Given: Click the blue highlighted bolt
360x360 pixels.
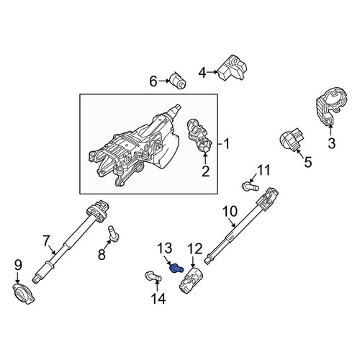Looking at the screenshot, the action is pyautogui.click(x=176, y=269).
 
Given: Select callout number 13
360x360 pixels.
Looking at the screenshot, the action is pyautogui.click(x=165, y=248).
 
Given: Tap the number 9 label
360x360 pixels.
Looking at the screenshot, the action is pyautogui.click(x=18, y=265).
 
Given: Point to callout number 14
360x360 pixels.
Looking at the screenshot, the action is pyautogui.click(x=158, y=299).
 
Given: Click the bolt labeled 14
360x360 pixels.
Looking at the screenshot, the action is pyautogui.click(x=153, y=276).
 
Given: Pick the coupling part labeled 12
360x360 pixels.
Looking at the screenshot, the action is pyautogui.click(x=192, y=280).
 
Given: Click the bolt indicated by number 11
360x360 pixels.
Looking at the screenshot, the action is pyautogui.click(x=250, y=186).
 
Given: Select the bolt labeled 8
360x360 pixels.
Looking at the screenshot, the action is pyautogui.click(x=113, y=233).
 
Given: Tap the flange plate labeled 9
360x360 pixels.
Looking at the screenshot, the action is pyautogui.click(x=23, y=294).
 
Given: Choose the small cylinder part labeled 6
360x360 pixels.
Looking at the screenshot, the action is pyautogui.click(x=178, y=81).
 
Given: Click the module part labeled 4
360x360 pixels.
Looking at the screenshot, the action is pyautogui.click(x=232, y=68).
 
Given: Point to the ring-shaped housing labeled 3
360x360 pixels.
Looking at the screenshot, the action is pyautogui.click(x=331, y=107).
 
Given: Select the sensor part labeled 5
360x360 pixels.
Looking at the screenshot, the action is pyautogui.click(x=291, y=140).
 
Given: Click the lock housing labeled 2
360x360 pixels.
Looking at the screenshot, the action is pyautogui.click(x=199, y=136).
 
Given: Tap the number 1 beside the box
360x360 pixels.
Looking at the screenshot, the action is pyautogui.click(x=226, y=144).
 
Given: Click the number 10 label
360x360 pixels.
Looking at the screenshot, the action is pyautogui.click(x=230, y=212).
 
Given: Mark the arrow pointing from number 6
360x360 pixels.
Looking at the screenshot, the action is pyautogui.click(x=163, y=81).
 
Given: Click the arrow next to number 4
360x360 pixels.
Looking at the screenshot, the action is pyautogui.click(x=212, y=72).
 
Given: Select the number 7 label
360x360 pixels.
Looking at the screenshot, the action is pyautogui.click(x=46, y=241).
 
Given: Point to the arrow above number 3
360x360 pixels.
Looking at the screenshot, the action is pyautogui.click(x=330, y=130).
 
